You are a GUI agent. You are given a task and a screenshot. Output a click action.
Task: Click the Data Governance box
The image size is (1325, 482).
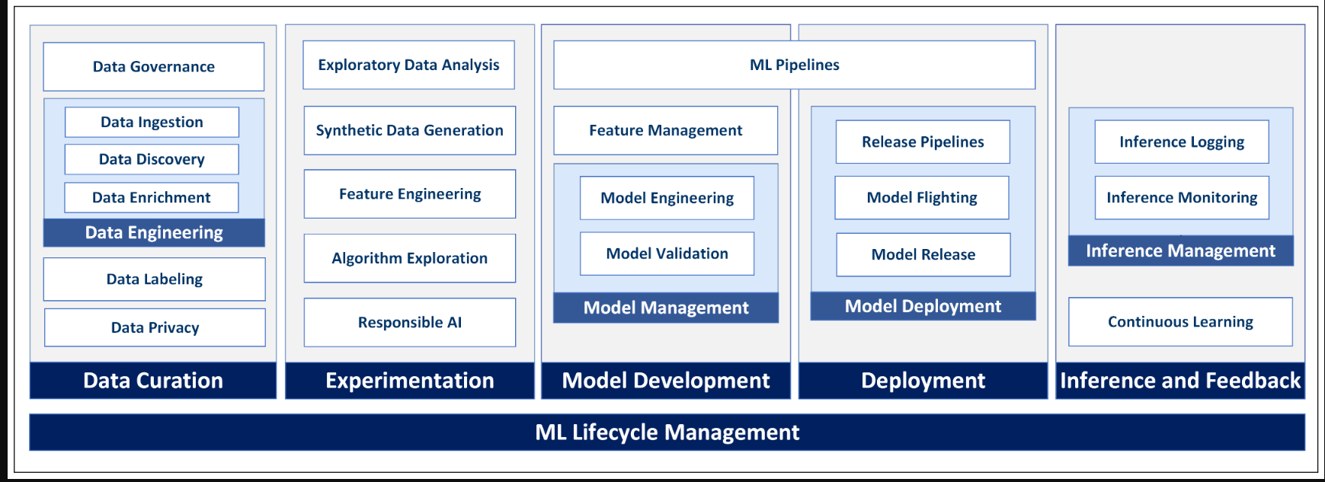point(154,67)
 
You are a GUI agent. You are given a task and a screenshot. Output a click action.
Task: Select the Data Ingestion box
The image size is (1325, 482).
point(152,122)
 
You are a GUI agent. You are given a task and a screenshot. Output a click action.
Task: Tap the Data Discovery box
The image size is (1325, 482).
point(152,159)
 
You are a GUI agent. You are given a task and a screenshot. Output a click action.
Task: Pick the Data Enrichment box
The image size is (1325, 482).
point(152,197)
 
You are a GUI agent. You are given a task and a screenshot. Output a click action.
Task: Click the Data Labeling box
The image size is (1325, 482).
point(155,279)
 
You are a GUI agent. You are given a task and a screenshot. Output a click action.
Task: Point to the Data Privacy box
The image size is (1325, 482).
point(155,327)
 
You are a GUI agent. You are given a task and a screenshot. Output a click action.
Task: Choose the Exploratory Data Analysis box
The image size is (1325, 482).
point(409,65)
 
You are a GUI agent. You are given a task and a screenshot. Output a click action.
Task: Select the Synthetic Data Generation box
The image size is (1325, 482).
point(410,130)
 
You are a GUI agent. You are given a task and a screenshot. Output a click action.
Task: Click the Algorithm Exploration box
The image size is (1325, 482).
point(410,258)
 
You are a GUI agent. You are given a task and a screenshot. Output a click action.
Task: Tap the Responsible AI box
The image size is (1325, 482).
point(410,322)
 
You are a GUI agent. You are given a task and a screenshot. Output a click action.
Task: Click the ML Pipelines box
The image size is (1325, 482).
point(795,65)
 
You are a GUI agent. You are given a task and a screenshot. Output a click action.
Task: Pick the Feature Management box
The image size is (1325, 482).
point(666,130)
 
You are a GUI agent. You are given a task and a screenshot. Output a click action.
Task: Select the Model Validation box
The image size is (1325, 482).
point(667,254)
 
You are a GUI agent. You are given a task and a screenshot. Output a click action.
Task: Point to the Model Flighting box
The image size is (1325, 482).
point(922,198)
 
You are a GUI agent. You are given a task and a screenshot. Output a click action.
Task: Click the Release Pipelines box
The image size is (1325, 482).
point(923,142)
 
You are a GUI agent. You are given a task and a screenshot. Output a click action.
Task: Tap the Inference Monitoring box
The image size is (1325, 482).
point(1182,198)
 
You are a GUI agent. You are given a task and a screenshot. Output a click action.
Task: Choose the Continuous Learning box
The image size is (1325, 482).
point(1181,322)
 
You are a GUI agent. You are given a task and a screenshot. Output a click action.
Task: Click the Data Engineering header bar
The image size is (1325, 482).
point(154,233)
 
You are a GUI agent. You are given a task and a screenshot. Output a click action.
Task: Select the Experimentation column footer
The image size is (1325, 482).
point(410,381)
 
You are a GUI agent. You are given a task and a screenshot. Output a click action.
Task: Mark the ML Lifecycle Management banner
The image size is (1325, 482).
point(667,433)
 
